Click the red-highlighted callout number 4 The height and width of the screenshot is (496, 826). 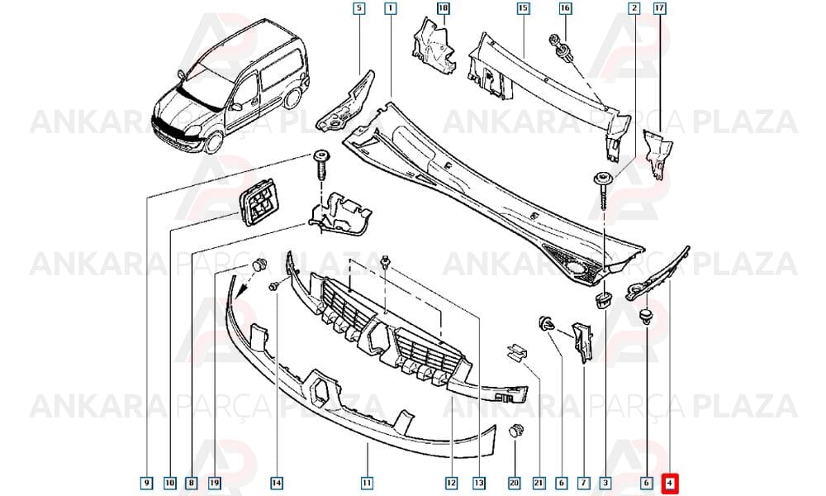coord(670,482)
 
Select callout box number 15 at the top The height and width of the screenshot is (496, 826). coord(523,8)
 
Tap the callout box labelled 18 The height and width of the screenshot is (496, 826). coord(443,8)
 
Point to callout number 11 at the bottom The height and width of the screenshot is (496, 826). coord(367,482)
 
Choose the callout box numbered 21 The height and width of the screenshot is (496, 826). coord(538,482)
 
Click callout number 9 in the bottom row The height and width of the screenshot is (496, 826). coord(147,482)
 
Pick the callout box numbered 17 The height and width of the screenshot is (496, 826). coord(659,8)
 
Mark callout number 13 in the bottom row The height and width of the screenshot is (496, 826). coord(478,482)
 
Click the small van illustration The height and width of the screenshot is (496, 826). coord(230,87)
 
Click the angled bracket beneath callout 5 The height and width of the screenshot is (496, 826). coord(345,102)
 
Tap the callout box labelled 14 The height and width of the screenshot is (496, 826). coord(277,482)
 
